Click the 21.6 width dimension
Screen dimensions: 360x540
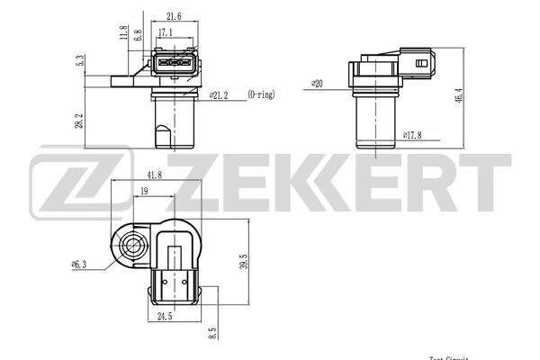[175, 16]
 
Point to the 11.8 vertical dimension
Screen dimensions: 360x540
[123, 33]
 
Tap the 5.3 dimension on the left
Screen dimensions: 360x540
[80, 62]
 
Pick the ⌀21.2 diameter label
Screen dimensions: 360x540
[220, 93]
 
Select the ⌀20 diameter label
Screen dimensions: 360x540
[316, 84]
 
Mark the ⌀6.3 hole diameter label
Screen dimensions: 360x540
[78, 265]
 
